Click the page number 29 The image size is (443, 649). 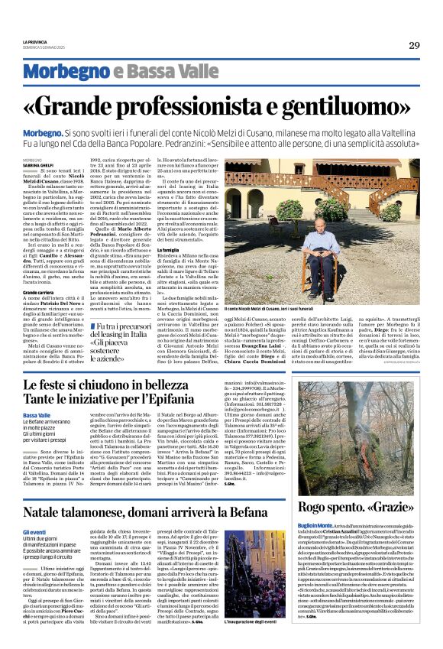click(413, 46)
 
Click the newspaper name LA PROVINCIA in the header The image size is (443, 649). click(35, 43)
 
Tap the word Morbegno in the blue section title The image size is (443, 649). click(66, 73)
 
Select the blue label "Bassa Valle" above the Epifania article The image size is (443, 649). click(37, 415)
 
